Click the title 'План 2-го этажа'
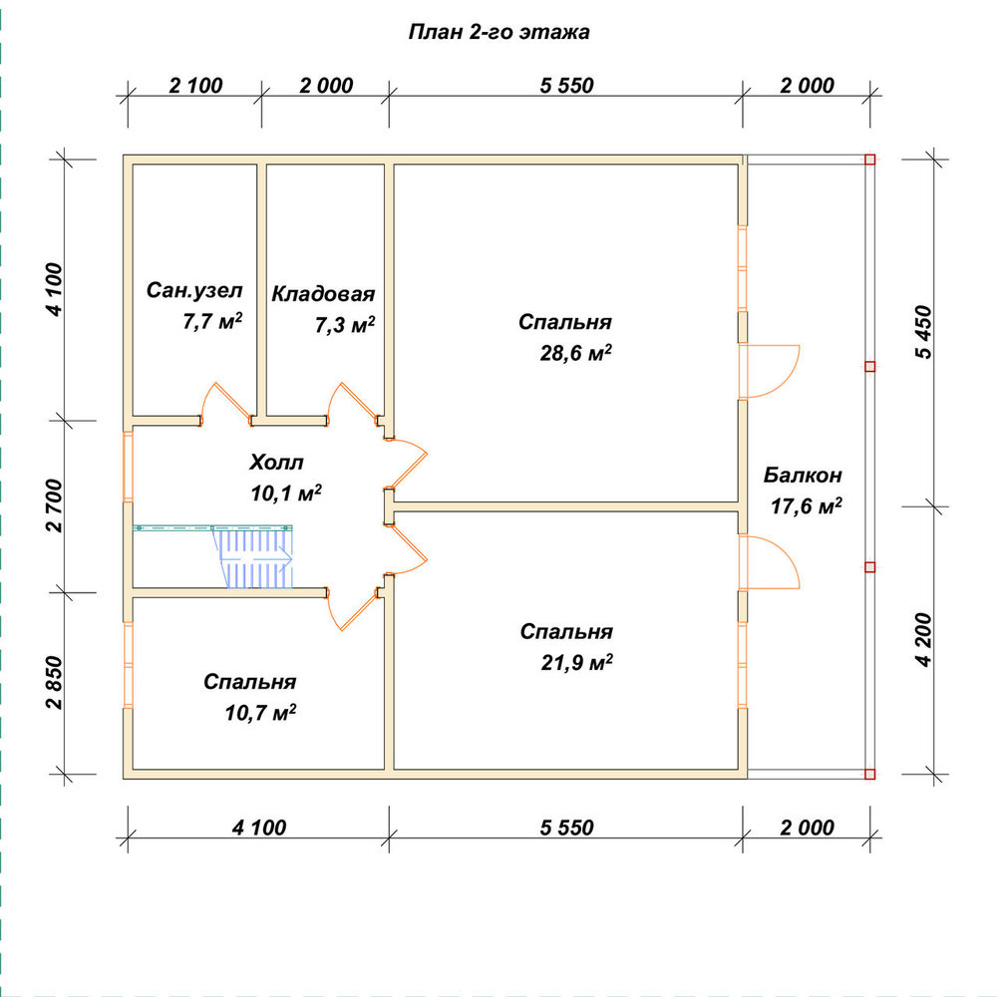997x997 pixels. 498,32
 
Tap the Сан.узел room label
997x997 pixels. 194,290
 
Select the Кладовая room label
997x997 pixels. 323,294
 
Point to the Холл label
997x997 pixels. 276,463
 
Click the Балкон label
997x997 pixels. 803,475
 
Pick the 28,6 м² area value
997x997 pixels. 575,352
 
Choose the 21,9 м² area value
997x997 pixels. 576,663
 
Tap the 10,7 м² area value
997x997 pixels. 260,712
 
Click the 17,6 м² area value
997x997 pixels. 807,506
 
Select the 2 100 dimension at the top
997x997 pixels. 195,85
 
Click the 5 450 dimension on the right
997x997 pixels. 924,333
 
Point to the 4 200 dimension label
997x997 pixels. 924,640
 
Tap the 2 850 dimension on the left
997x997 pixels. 55,683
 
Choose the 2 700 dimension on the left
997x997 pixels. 55,505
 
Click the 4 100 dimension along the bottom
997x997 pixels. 259,828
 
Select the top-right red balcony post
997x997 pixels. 869,159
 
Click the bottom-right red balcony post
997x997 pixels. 869,774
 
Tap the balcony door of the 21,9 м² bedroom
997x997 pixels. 771,561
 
